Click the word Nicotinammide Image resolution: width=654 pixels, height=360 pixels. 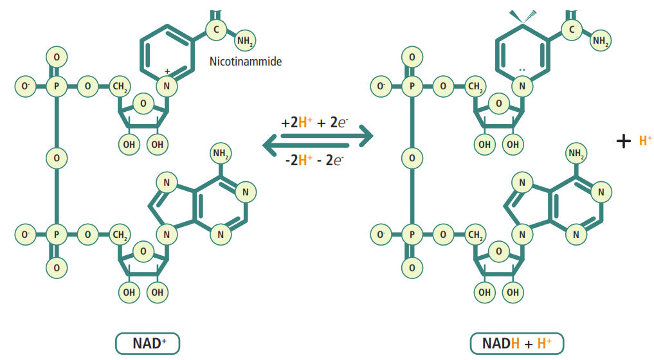coord(246,62)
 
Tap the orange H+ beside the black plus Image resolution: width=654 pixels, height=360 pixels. coord(645,141)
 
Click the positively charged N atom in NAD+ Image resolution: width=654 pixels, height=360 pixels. coord(166,85)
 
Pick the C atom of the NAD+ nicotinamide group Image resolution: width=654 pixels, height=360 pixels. coord(217,30)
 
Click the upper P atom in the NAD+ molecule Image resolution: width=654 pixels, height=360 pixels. coord(57,85)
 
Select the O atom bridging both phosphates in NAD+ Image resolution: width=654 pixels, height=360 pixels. coord(57,157)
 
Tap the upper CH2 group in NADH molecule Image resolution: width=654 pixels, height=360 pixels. coord(476,85)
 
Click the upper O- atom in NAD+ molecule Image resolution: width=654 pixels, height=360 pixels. coord(26,85)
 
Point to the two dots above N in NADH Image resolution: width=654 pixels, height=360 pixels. coord(522,69)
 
